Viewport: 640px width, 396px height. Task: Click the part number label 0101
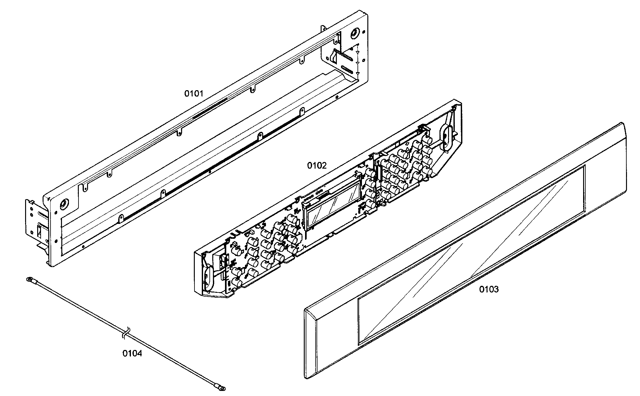pos(194,93)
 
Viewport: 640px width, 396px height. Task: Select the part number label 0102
pos(317,165)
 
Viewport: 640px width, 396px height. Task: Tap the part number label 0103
pos(489,289)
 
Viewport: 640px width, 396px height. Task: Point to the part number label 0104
pos(132,353)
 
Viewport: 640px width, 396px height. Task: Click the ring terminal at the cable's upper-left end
pos(29,280)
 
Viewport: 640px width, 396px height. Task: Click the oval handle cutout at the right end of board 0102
pos(445,139)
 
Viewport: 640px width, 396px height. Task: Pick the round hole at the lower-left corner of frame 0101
pos(64,204)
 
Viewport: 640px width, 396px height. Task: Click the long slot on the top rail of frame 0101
pos(210,108)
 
